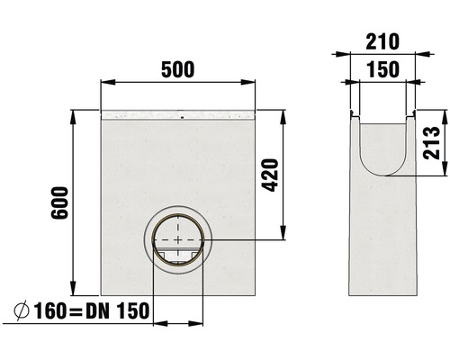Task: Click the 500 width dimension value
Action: (179, 69)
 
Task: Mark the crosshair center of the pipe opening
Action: (179, 241)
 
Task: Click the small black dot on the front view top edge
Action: (182, 116)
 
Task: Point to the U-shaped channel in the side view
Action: (381, 153)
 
